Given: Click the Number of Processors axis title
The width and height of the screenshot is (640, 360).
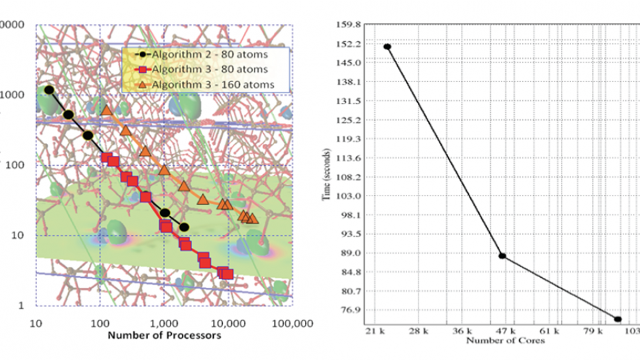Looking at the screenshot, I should pyautogui.click(x=164, y=335).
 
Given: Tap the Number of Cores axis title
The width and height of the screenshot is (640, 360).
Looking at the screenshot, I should pyautogui.click(x=505, y=341).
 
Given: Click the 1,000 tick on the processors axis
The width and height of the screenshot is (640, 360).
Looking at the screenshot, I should pyautogui.click(x=164, y=323).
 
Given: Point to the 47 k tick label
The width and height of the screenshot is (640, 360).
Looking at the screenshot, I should pyautogui.click(x=504, y=330).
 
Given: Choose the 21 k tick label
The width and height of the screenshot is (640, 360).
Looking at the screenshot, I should pyautogui.click(x=376, y=330).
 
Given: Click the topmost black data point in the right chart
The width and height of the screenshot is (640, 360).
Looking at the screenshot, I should pyautogui.click(x=387, y=47).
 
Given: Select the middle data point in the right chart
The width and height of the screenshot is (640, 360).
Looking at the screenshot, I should pyautogui.click(x=503, y=256).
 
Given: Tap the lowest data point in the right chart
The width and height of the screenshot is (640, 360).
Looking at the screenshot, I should pyautogui.click(x=617, y=319).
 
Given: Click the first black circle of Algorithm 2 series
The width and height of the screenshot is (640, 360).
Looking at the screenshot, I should pyautogui.click(x=49, y=90).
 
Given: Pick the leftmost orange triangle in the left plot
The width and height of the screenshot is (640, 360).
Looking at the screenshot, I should pyautogui.click(x=107, y=110).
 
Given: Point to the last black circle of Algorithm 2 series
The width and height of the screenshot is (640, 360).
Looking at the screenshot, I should pyautogui.click(x=184, y=227).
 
